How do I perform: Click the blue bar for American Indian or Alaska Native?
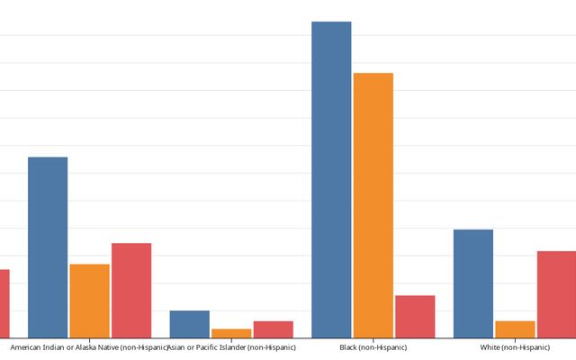(48, 247)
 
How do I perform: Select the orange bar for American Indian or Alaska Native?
(89, 301)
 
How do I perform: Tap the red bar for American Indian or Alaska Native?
(131, 290)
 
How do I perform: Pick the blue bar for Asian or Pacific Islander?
(189, 324)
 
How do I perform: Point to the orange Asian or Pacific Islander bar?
(231, 333)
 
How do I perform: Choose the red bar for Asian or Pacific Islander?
(273, 329)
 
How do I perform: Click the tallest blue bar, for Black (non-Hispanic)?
(331, 180)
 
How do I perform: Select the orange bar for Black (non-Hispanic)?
(373, 205)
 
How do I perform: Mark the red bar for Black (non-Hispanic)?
(415, 316)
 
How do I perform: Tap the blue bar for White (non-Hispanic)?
(472, 283)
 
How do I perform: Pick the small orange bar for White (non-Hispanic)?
(515, 329)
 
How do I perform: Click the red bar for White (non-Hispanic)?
(556, 294)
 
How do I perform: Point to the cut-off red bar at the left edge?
(4, 303)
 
